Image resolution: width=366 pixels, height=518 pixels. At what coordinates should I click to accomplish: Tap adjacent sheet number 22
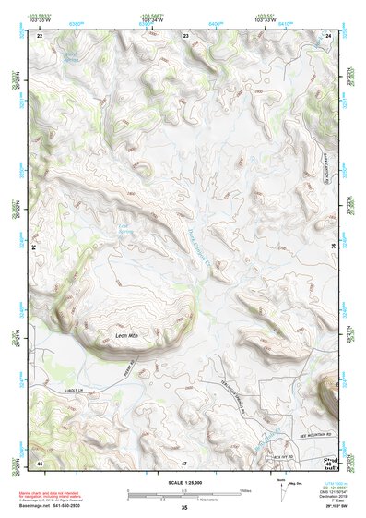(x=40, y=35)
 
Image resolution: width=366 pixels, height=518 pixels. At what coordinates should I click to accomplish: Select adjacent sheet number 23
(x=185, y=35)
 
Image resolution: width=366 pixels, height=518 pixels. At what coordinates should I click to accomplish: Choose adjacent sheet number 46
(x=40, y=462)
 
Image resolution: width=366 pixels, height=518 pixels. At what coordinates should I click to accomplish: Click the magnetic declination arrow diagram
(x=283, y=488)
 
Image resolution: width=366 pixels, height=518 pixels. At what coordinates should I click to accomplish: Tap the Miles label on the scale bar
(x=247, y=489)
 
